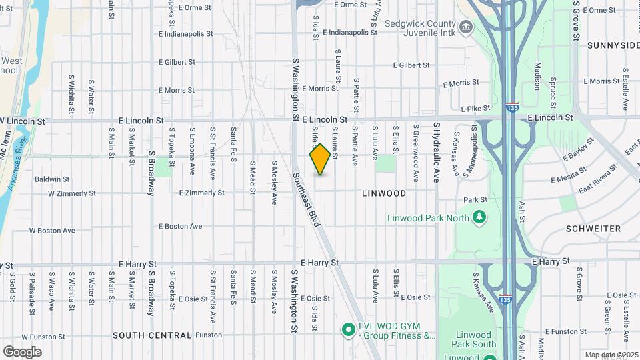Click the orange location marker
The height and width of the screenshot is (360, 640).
click(320, 159)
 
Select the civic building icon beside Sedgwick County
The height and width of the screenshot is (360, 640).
click(465, 27)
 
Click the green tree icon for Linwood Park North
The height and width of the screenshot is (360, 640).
click(478, 217)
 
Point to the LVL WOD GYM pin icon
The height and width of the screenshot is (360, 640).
click(347, 329)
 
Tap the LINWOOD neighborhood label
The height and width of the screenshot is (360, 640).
click(383, 193)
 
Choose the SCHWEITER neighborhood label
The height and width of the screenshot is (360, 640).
click(593, 228)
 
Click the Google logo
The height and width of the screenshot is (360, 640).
click(22, 351)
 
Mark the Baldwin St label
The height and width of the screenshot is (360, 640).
click(52, 179)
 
